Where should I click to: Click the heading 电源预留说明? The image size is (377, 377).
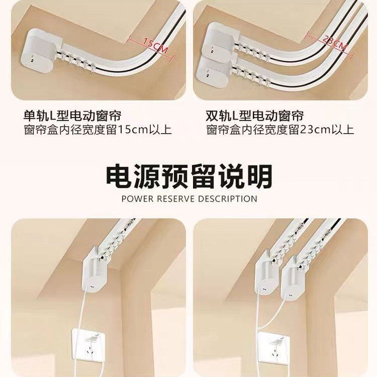[x=189, y=176]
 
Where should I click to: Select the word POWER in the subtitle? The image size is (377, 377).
[x=137, y=199]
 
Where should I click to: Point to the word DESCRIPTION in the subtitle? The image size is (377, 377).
[x=227, y=199]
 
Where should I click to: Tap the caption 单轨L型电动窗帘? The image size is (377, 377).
[x=72, y=115]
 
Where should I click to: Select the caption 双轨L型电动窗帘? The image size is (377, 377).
[x=255, y=115]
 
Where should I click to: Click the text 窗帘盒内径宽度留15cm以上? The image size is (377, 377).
[x=98, y=130]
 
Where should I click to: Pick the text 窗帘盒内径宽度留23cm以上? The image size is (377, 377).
[x=280, y=130]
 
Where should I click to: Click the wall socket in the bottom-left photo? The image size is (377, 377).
[x=92, y=347]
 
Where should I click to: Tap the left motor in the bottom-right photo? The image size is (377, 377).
[x=266, y=279]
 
